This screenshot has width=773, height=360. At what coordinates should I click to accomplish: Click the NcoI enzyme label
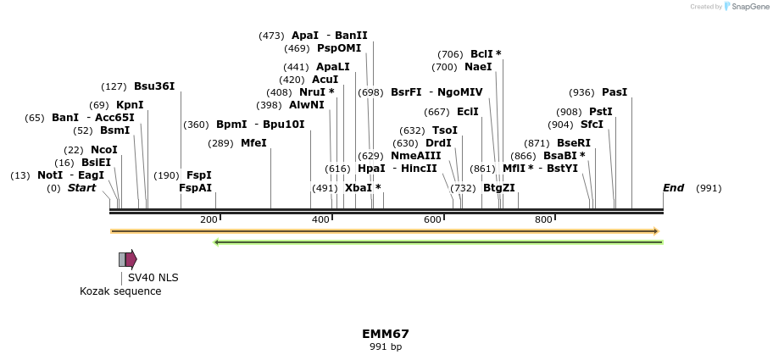(103, 150)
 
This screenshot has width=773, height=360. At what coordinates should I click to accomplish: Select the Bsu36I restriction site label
(154, 86)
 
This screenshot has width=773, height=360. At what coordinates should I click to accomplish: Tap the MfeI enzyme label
(253, 143)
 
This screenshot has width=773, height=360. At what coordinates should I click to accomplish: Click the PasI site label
(615, 92)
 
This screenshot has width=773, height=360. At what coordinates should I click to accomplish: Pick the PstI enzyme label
(601, 112)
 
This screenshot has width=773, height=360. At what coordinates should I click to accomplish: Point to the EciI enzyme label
(468, 112)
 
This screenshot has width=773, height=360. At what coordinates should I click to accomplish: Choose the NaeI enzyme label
(478, 67)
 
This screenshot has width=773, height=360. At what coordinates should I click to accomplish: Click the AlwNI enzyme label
(306, 105)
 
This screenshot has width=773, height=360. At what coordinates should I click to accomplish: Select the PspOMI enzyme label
(339, 48)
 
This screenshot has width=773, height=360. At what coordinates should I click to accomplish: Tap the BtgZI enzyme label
(498, 188)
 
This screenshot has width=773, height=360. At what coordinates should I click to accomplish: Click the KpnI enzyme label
(130, 105)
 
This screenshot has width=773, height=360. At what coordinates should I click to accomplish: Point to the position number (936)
(581, 92)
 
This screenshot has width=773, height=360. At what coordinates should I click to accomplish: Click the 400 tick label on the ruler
(320, 220)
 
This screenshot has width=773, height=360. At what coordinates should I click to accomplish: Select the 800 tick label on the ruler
(543, 220)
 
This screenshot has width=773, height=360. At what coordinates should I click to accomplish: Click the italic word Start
(81, 188)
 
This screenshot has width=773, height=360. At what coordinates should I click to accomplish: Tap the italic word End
(673, 188)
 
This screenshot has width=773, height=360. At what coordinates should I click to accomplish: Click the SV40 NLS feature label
(153, 277)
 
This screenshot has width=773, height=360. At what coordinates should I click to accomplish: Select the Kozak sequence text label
(120, 291)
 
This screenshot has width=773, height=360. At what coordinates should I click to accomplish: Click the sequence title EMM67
(386, 334)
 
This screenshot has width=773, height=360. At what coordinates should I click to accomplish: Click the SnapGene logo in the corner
(748, 7)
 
